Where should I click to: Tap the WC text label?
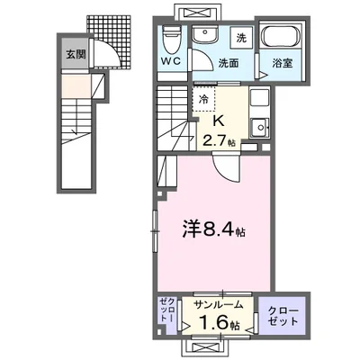pyautogui.click(x=173, y=61)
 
